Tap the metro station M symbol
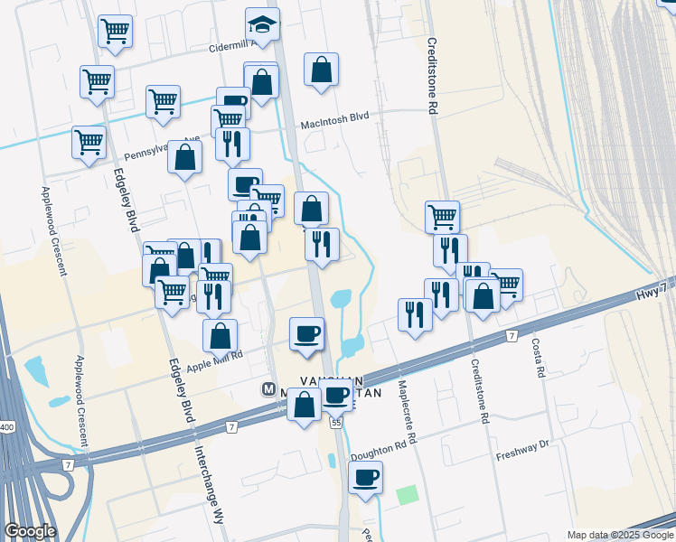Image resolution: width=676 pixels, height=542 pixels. click(268, 389)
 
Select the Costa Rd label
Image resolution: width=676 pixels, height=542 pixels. click(538, 359)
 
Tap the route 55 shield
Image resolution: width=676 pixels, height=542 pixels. click(337, 422)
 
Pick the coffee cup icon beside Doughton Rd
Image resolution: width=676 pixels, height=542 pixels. click(365, 477)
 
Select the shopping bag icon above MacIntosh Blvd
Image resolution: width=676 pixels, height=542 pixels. click(321, 69)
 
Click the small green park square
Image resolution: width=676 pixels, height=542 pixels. click(408, 495)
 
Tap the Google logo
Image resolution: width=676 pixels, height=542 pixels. click(29, 531)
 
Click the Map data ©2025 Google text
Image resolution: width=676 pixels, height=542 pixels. click(620, 535)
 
